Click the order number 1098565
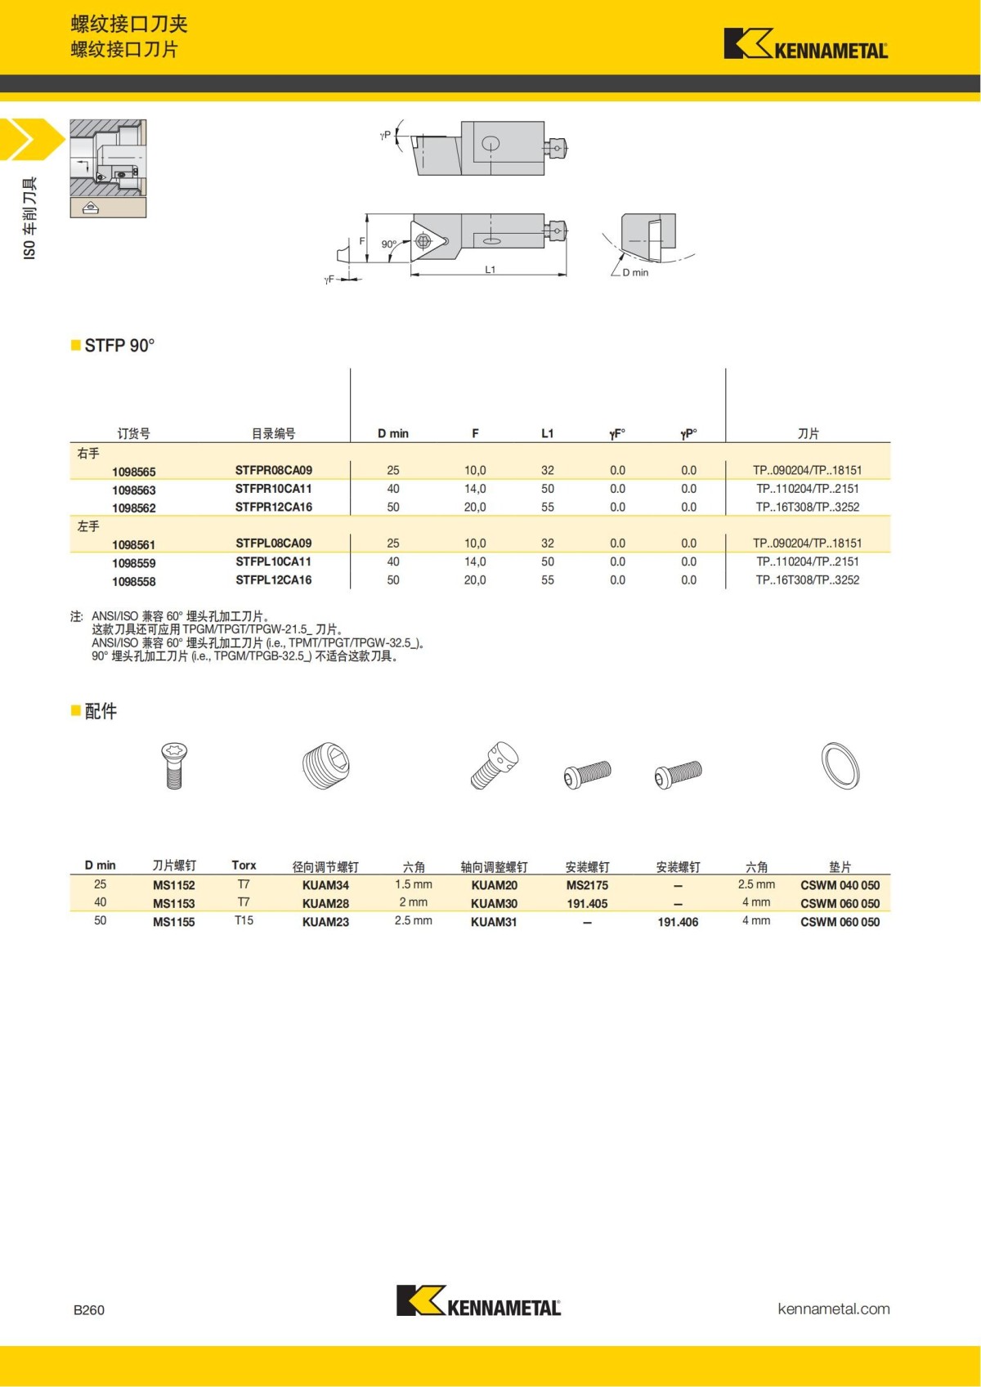pyautogui.click(x=133, y=472)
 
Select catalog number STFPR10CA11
pyautogui.click(x=273, y=489)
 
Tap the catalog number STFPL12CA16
pyautogui.click(x=273, y=580)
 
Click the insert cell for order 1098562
pyautogui.click(x=807, y=507)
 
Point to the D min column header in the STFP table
pyautogui.click(x=392, y=433)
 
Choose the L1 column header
pyautogui.click(x=547, y=433)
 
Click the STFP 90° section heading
pyautogui.click(x=119, y=346)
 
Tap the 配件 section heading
pyautogui.click(x=101, y=711)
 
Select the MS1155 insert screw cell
pyautogui.click(x=173, y=922)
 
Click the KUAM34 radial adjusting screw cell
pyautogui.click(x=325, y=885)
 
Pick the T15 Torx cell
pyautogui.click(x=244, y=920)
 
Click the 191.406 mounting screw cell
pyautogui.click(x=678, y=922)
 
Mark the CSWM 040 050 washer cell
pyautogui.click(x=840, y=885)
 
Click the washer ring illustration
pyautogui.click(x=840, y=767)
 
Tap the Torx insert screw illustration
pyautogui.click(x=173, y=764)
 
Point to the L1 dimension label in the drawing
pyautogui.click(x=490, y=270)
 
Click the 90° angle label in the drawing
pyautogui.click(x=388, y=244)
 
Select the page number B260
pyautogui.click(x=89, y=1309)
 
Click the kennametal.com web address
pyautogui.click(x=833, y=1309)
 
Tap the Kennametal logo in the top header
pyautogui.click(x=805, y=44)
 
